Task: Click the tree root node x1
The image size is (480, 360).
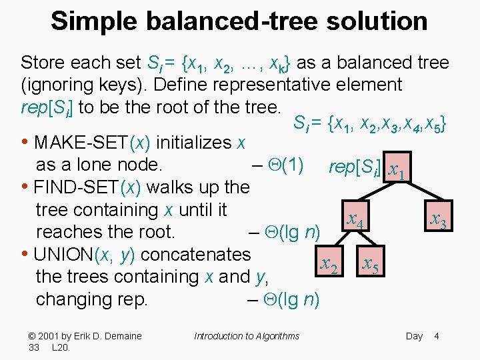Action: (399, 172)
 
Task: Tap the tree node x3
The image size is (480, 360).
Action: (438, 219)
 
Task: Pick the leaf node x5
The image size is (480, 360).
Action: (371, 265)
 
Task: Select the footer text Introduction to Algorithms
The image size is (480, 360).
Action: (247, 336)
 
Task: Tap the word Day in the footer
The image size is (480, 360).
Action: (414, 336)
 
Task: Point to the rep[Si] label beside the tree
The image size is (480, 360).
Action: (355, 167)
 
